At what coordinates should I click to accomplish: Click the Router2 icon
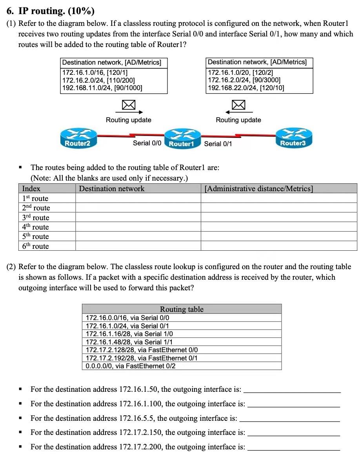77,138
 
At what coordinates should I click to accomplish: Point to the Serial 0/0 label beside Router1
147,143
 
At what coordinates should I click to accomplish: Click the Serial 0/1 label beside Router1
218,144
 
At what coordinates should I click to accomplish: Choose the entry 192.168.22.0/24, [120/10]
246,88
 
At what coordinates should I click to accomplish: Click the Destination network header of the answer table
112,189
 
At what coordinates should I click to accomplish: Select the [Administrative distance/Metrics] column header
259,189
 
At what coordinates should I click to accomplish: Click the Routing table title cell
182,309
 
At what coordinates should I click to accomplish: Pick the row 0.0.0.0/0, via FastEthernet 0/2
131,366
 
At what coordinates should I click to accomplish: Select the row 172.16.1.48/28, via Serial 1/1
129,342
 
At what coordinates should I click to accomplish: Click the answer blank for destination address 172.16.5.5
289,418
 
